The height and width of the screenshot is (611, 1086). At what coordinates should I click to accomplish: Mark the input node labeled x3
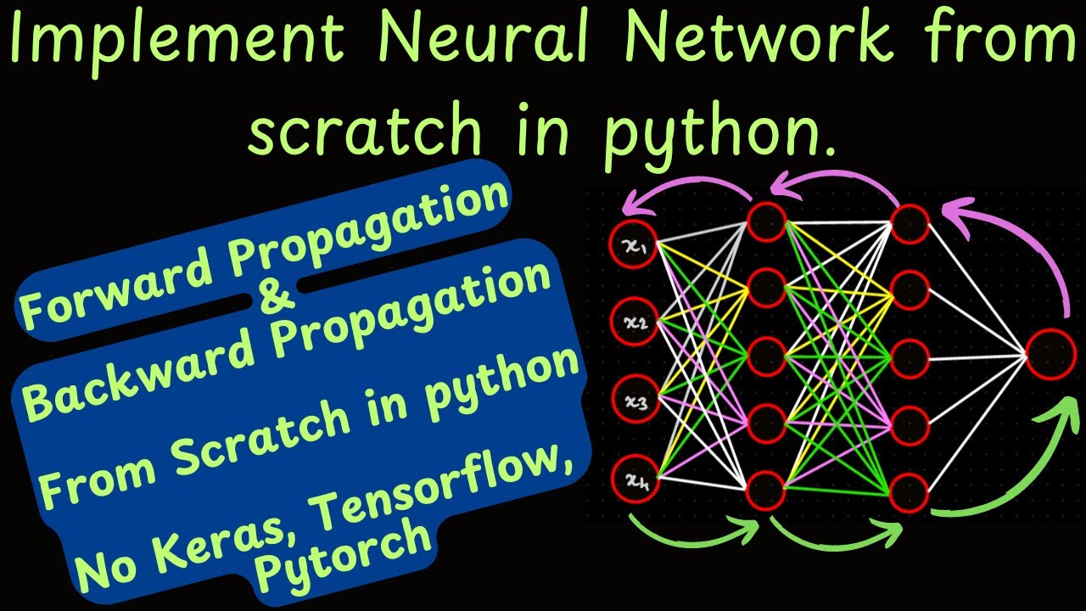(x=634, y=402)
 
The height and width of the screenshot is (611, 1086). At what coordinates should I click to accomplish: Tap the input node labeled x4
(x=634, y=480)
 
